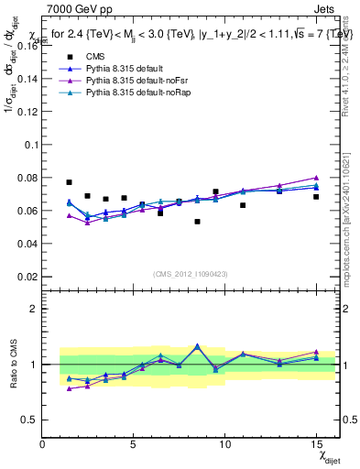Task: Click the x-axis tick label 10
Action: click(224, 444)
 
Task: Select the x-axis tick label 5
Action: click(134, 444)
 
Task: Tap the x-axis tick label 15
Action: click(316, 444)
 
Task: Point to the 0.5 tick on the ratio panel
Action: click(29, 420)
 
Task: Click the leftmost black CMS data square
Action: click(69, 182)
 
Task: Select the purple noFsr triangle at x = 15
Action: click(316, 178)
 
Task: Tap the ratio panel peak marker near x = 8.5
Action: click(197, 346)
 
